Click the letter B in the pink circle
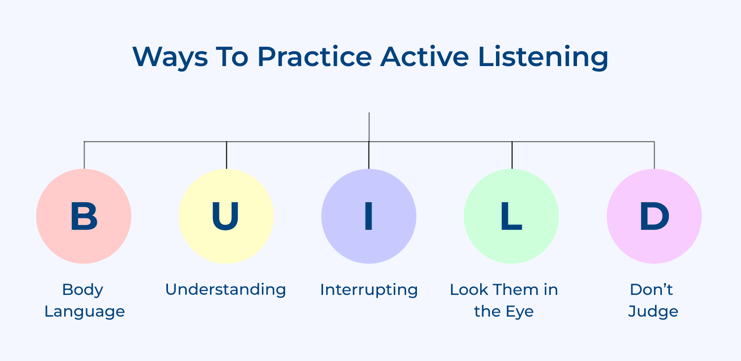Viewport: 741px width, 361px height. click(x=83, y=217)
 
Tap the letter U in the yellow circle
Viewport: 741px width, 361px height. click(x=226, y=217)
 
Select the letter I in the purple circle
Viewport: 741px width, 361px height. click(x=369, y=217)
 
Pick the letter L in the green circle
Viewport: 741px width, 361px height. click(x=511, y=217)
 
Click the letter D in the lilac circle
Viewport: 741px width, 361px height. click(x=654, y=217)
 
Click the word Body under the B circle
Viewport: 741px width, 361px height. click(x=82, y=289)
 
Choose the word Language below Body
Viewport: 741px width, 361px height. click(x=84, y=312)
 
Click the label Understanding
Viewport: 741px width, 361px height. click(x=226, y=289)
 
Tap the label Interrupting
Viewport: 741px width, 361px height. click(x=369, y=289)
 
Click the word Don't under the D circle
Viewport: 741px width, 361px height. click(x=652, y=289)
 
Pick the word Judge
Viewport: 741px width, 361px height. click(x=653, y=312)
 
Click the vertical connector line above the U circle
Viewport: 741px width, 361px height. click(x=226, y=155)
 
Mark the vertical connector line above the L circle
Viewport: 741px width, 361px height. click(x=512, y=155)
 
